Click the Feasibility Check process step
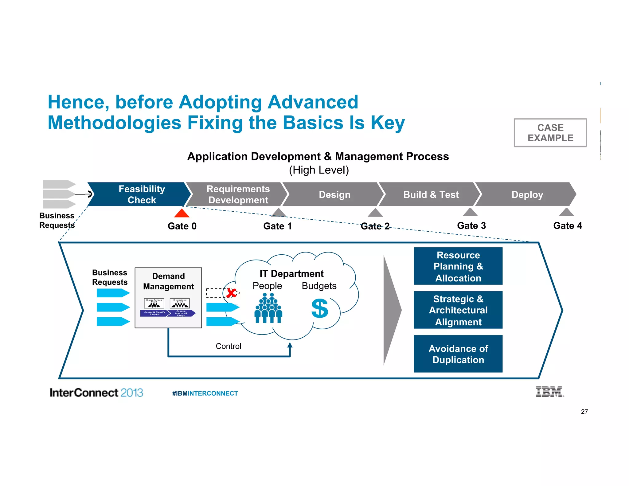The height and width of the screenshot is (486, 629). coord(142,194)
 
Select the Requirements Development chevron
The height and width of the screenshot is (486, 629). coord(238,194)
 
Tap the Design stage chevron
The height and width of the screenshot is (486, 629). coord(334,194)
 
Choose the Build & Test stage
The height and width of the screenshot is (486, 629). coord(431,194)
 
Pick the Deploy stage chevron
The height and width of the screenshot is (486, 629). coord(527,194)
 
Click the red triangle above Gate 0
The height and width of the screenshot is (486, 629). coord(182,214)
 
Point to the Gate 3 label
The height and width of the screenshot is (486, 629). coord(471,225)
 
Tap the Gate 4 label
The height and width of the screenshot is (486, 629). coord(568,225)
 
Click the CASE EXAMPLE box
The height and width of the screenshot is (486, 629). coord(550,133)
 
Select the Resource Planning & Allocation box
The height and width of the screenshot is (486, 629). coord(458,266)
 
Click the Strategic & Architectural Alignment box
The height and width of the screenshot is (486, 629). coord(458,310)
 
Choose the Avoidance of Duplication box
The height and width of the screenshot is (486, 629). coord(458,354)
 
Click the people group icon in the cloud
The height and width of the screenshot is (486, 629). coord(268,308)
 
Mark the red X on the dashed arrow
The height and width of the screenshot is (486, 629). coord(231,292)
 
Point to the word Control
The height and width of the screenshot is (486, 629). coord(228,346)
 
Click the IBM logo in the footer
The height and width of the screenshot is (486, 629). coord(549,392)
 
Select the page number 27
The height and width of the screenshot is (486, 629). coord(584,412)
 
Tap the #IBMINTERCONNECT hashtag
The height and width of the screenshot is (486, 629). coord(205,393)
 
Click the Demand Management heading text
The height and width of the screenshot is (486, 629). coord(168,281)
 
